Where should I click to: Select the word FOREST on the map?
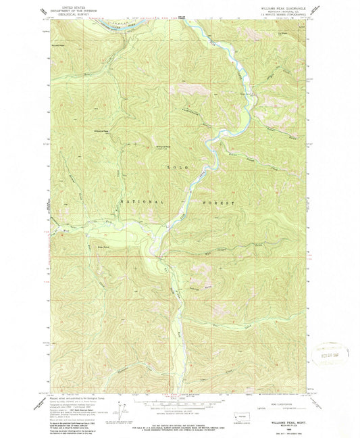point(217,202)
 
